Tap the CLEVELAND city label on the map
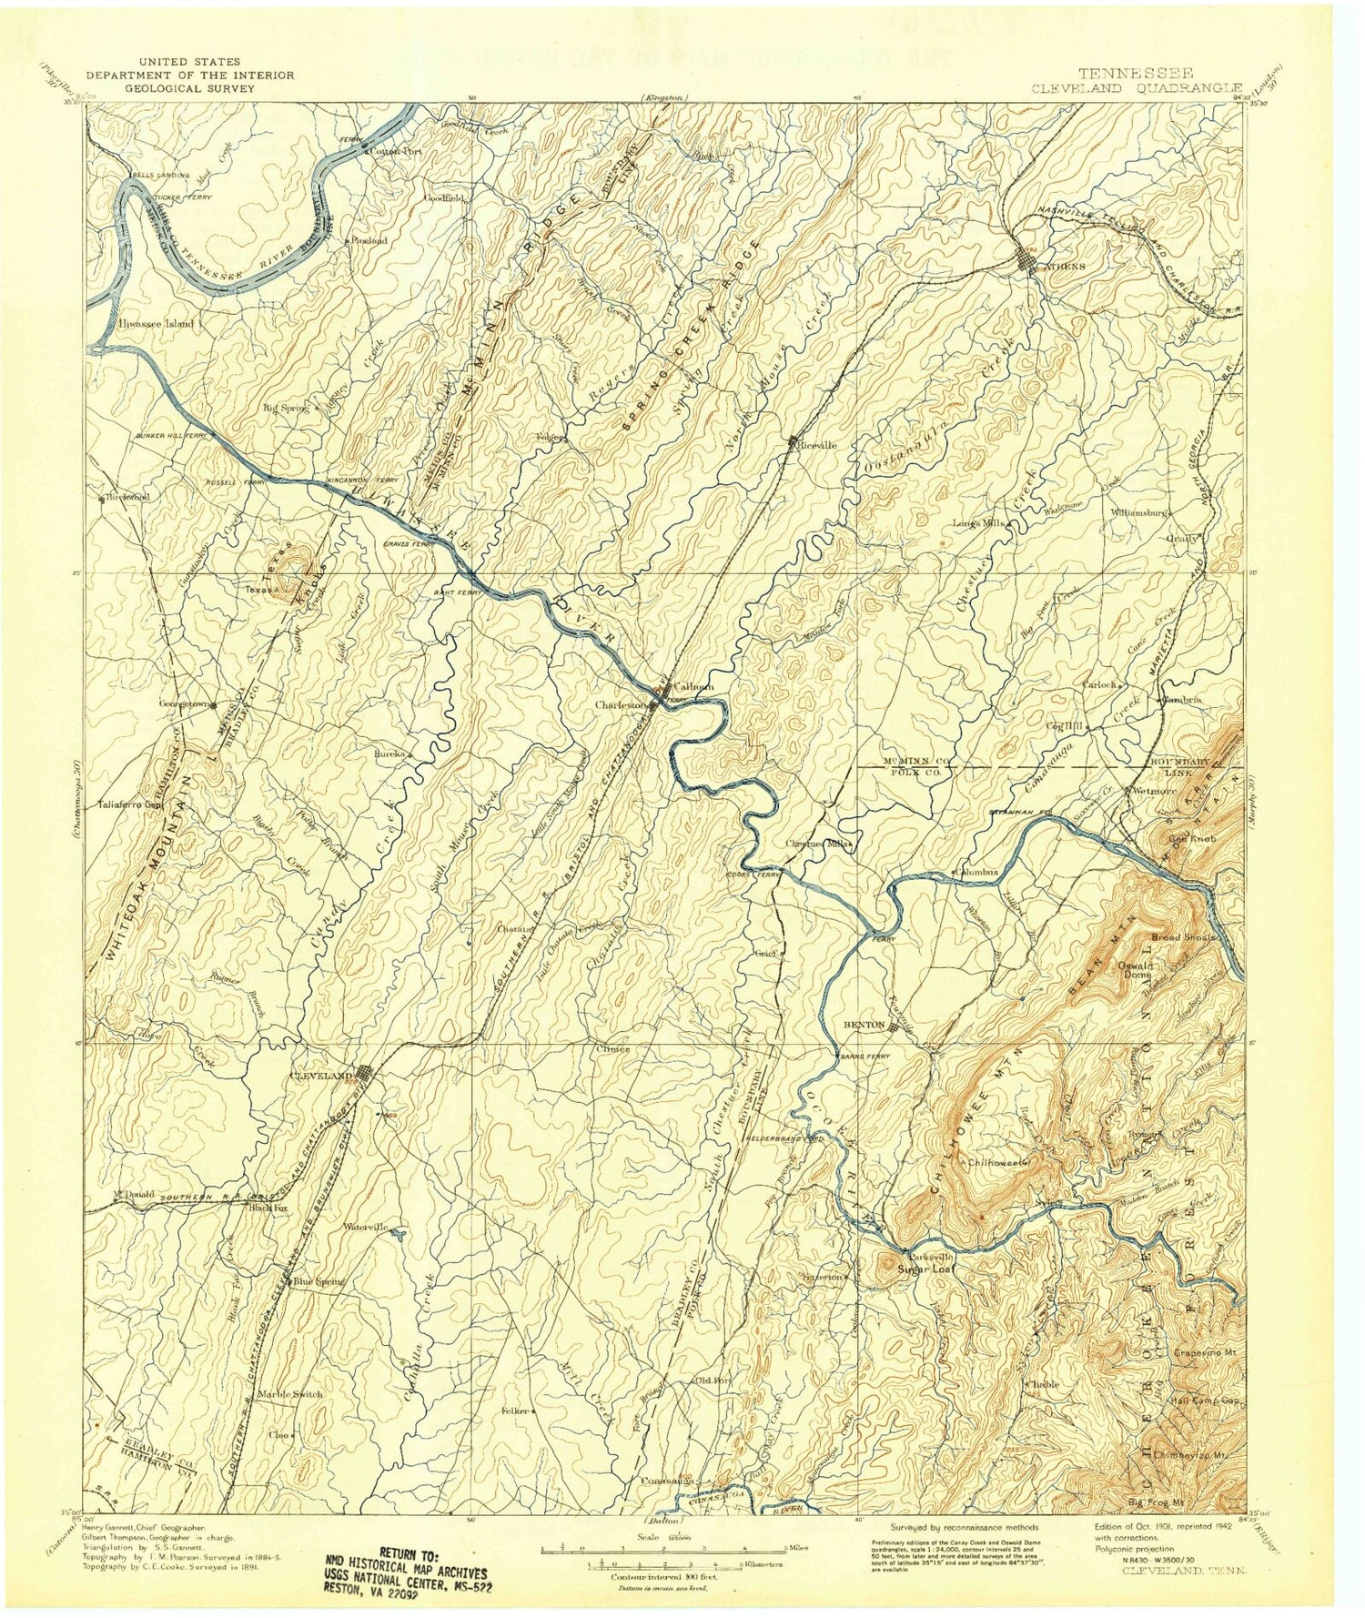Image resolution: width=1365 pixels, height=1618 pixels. click(319, 1076)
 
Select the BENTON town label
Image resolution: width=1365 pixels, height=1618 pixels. click(864, 1025)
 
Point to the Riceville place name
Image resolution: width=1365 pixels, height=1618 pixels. click(816, 445)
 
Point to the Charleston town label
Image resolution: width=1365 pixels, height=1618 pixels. click(621, 704)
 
